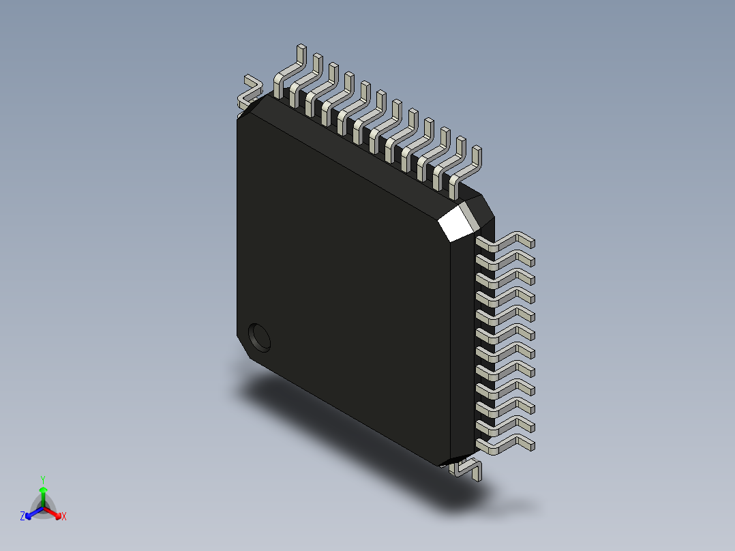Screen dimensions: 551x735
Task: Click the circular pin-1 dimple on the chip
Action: point(259,336)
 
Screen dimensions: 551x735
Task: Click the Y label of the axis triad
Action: point(42,479)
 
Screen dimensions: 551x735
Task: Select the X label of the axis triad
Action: point(63,516)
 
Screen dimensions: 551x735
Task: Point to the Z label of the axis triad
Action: point(22,516)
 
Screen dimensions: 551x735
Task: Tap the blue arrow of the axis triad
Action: point(31,512)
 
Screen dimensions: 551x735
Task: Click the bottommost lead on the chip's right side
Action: point(508,444)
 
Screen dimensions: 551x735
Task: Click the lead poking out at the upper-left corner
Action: point(250,92)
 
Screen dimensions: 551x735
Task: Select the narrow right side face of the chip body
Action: point(462,341)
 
